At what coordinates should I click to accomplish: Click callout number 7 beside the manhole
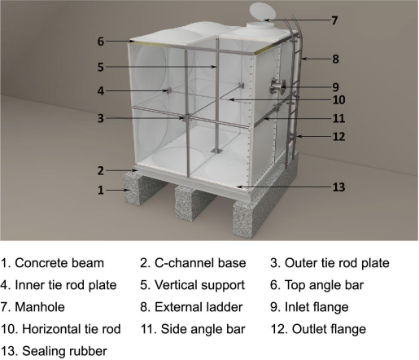334,20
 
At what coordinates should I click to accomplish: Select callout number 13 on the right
338,187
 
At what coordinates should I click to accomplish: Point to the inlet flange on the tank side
277,87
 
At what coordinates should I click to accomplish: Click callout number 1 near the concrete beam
101,191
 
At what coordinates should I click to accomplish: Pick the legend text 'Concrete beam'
59,263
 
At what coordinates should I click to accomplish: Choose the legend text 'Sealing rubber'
64,351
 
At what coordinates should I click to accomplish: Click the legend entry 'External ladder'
199,307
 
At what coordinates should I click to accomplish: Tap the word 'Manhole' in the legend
40,307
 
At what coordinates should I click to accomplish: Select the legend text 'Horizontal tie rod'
72,329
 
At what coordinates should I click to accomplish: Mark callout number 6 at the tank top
101,42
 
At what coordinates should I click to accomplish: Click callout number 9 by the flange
336,87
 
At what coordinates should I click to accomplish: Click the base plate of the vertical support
216,151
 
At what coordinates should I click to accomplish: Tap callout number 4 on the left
101,91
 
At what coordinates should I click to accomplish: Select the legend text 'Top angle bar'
324,285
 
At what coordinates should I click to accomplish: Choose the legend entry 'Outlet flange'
329,329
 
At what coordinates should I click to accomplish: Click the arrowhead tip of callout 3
183,118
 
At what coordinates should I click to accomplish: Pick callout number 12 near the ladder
338,137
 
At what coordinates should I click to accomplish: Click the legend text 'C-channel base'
200,263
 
